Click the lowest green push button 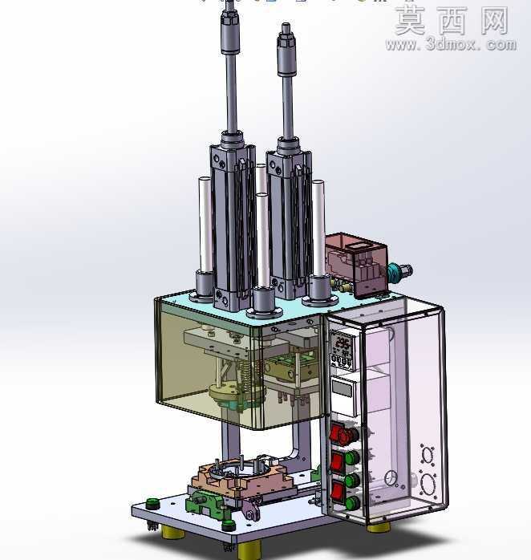click(x=352, y=502)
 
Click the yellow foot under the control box click(x=378, y=527)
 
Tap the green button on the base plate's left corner click(x=152, y=503)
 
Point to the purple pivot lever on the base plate click(x=252, y=509)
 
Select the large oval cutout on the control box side click(x=428, y=484)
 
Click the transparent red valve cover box click(x=357, y=263)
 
